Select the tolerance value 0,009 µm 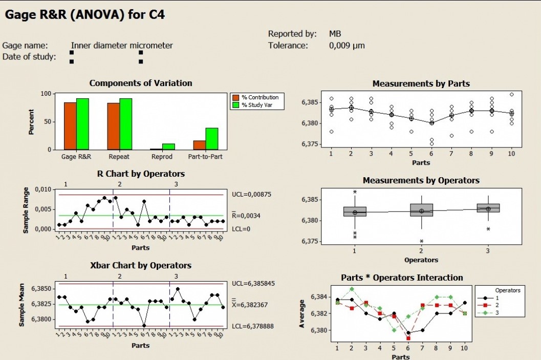347,45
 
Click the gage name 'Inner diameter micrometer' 122,45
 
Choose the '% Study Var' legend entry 260,105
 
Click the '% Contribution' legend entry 260,97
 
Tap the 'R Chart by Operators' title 141,174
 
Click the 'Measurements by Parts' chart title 421,83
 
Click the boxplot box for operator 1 355,211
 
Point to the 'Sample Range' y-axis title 25,210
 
